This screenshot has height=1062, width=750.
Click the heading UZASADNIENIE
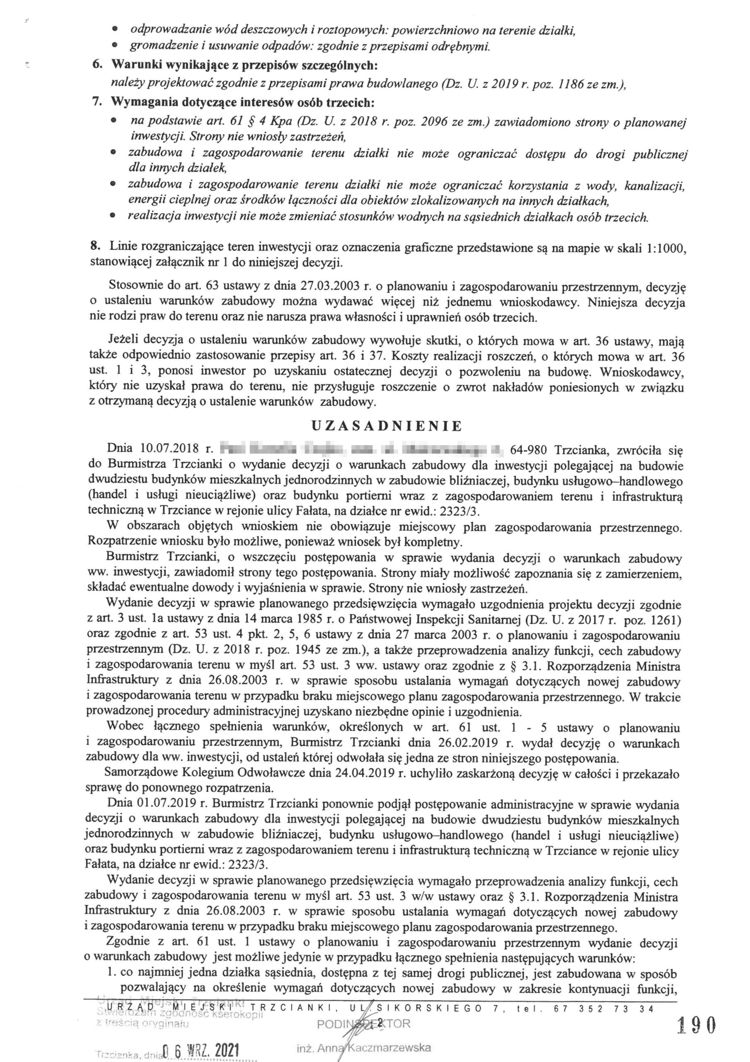point(386,426)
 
